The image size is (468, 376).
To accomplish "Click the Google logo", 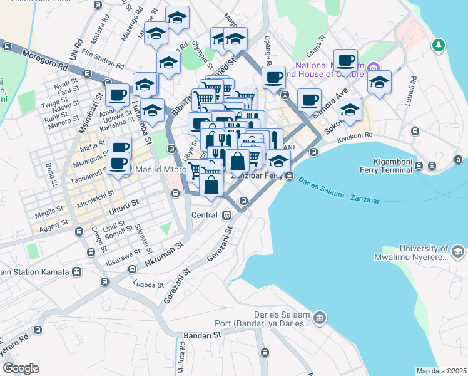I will (20, 368).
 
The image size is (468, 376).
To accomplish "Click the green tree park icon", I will (439, 45).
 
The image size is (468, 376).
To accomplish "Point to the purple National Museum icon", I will (373, 67).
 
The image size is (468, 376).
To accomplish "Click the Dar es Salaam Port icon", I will (320, 318).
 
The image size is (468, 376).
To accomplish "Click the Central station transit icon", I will (227, 215).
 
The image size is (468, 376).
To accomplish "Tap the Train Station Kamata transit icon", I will (76, 272).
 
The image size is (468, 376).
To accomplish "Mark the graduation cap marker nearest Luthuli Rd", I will (379, 83).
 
